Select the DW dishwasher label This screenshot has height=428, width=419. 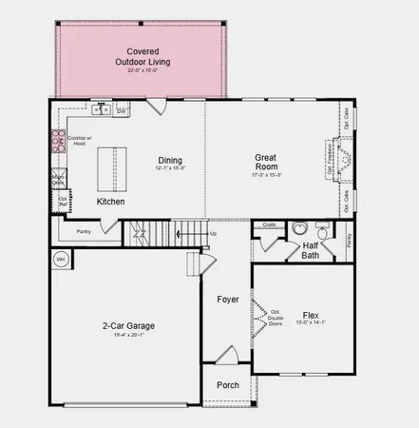[121, 111]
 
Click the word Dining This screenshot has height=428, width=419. [171, 160]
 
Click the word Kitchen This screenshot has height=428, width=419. [112, 202]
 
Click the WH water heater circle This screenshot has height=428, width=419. [60, 258]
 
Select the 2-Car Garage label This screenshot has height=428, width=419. [129, 326]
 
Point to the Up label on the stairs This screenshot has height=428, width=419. [213, 233]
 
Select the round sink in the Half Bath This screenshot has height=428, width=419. [298, 228]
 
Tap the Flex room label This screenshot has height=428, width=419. [311, 315]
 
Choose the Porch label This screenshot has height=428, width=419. [228, 385]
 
